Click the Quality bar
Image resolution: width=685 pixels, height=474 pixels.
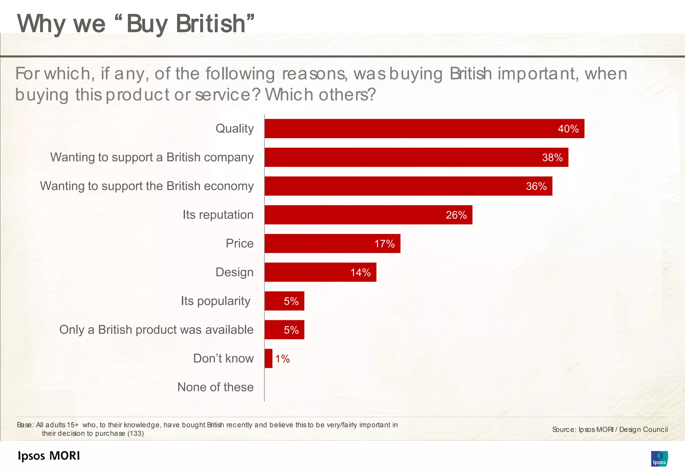pyautogui.click(x=424, y=129)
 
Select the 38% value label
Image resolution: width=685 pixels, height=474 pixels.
pyautogui.click(x=552, y=157)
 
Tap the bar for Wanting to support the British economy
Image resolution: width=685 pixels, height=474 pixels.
pyautogui.click(x=408, y=186)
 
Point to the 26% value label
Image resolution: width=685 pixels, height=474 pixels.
pyautogui.click(x=456, y=215)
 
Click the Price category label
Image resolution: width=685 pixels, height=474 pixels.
pyautogui.click(x=239, y=243)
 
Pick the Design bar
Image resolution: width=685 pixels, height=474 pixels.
pyautogui.click(x=320, y=272)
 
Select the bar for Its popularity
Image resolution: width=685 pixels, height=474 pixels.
pyautogui.click(x=284, y=301)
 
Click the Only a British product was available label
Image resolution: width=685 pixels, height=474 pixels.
pyautogui.click(x=156, y=330)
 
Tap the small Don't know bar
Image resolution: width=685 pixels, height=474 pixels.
pyautogui.click(x=268, y=359)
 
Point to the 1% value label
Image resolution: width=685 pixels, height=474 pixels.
pyautogui.click(x=282, y=359)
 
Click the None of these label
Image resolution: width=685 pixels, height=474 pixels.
pyautogui.click(x=215, y=387)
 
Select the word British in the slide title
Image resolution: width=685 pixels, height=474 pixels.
pyautogui.click(x=211, y=24)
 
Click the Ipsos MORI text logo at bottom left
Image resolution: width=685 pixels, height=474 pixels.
pyautogui.click(x=49, y=456)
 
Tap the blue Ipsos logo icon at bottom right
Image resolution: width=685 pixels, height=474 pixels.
pyautogui.click(x=659, y=459)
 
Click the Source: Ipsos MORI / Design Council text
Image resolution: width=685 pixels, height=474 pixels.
pyautogui.click(x=610, y=430)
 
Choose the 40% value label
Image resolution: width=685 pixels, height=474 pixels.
pyautogui.click(x=568, y=129)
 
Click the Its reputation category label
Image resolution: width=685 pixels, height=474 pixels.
pyautogui.click(x=218, y=215)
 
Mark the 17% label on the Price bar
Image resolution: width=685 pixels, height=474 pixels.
pyautogui.click(x=384, y=244)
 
